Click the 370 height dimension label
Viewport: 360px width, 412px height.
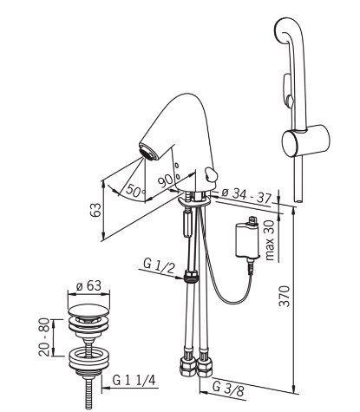coord(284,296)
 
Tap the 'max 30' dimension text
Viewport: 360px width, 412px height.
coord(269,240)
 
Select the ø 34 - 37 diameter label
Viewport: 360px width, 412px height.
coord(246,196)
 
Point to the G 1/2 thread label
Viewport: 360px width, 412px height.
coord(159,266)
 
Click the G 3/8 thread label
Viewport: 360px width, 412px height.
coord(228,389)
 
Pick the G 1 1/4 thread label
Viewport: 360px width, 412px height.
coord(134,380)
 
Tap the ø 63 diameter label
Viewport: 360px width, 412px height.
coord(88,286)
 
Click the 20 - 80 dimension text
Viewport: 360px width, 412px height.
coord(44,337)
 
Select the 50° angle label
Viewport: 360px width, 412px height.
coord(135,191)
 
